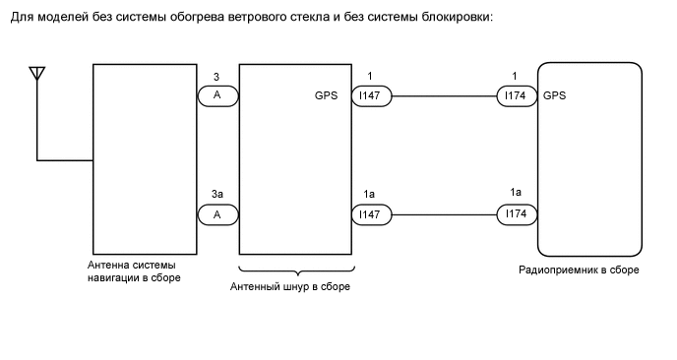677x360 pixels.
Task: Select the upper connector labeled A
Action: (x=217, y=96)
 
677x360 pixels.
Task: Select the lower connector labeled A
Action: (x=217, y=213)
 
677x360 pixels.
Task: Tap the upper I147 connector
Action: (x=372, y=96)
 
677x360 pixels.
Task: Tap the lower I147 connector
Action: (x=372, y=213)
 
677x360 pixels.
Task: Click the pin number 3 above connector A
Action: (x=216, y=77)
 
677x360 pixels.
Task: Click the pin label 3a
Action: (x=216, y=194)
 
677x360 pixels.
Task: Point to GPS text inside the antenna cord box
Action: (x=327, y=96)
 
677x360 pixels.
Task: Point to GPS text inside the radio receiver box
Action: (x=554, y=96)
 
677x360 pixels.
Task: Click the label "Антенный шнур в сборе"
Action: (x=290, y=287)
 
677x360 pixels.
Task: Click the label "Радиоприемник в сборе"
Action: (x=579, y=270)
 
